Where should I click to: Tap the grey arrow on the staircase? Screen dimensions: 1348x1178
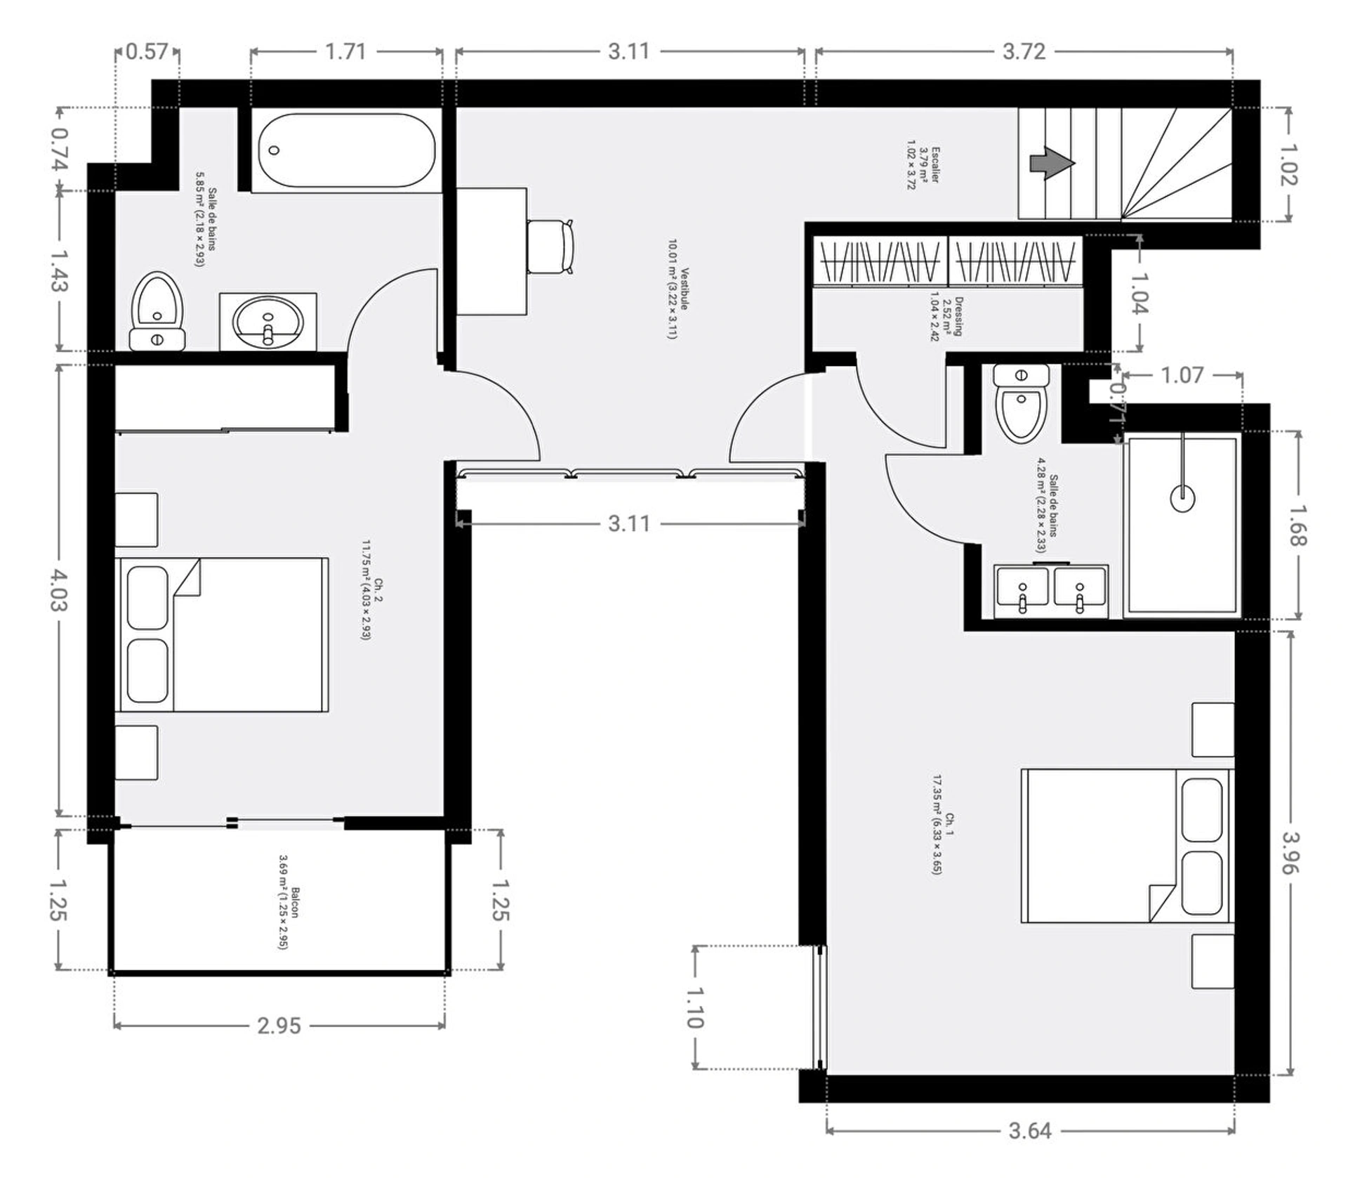coord(1052,163)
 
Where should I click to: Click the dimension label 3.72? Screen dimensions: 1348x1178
coord(1024,51)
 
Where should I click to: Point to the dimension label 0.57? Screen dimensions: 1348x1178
coord(147,51)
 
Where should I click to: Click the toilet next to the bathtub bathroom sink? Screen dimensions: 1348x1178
coord(157,311)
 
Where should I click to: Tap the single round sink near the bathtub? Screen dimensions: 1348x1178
coord(267,322)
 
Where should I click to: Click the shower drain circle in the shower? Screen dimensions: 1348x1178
coord(1183,498)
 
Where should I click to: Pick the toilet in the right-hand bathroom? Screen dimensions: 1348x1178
coord(1022,403)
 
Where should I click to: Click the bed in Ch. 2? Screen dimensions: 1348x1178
coord(222,635)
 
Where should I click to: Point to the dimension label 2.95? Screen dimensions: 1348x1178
coord(279,1026)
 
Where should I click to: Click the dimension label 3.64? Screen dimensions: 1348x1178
coord(1030,1131)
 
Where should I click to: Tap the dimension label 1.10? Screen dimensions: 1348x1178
coord(695,1007)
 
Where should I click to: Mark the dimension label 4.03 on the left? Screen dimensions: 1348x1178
coord(59,590)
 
